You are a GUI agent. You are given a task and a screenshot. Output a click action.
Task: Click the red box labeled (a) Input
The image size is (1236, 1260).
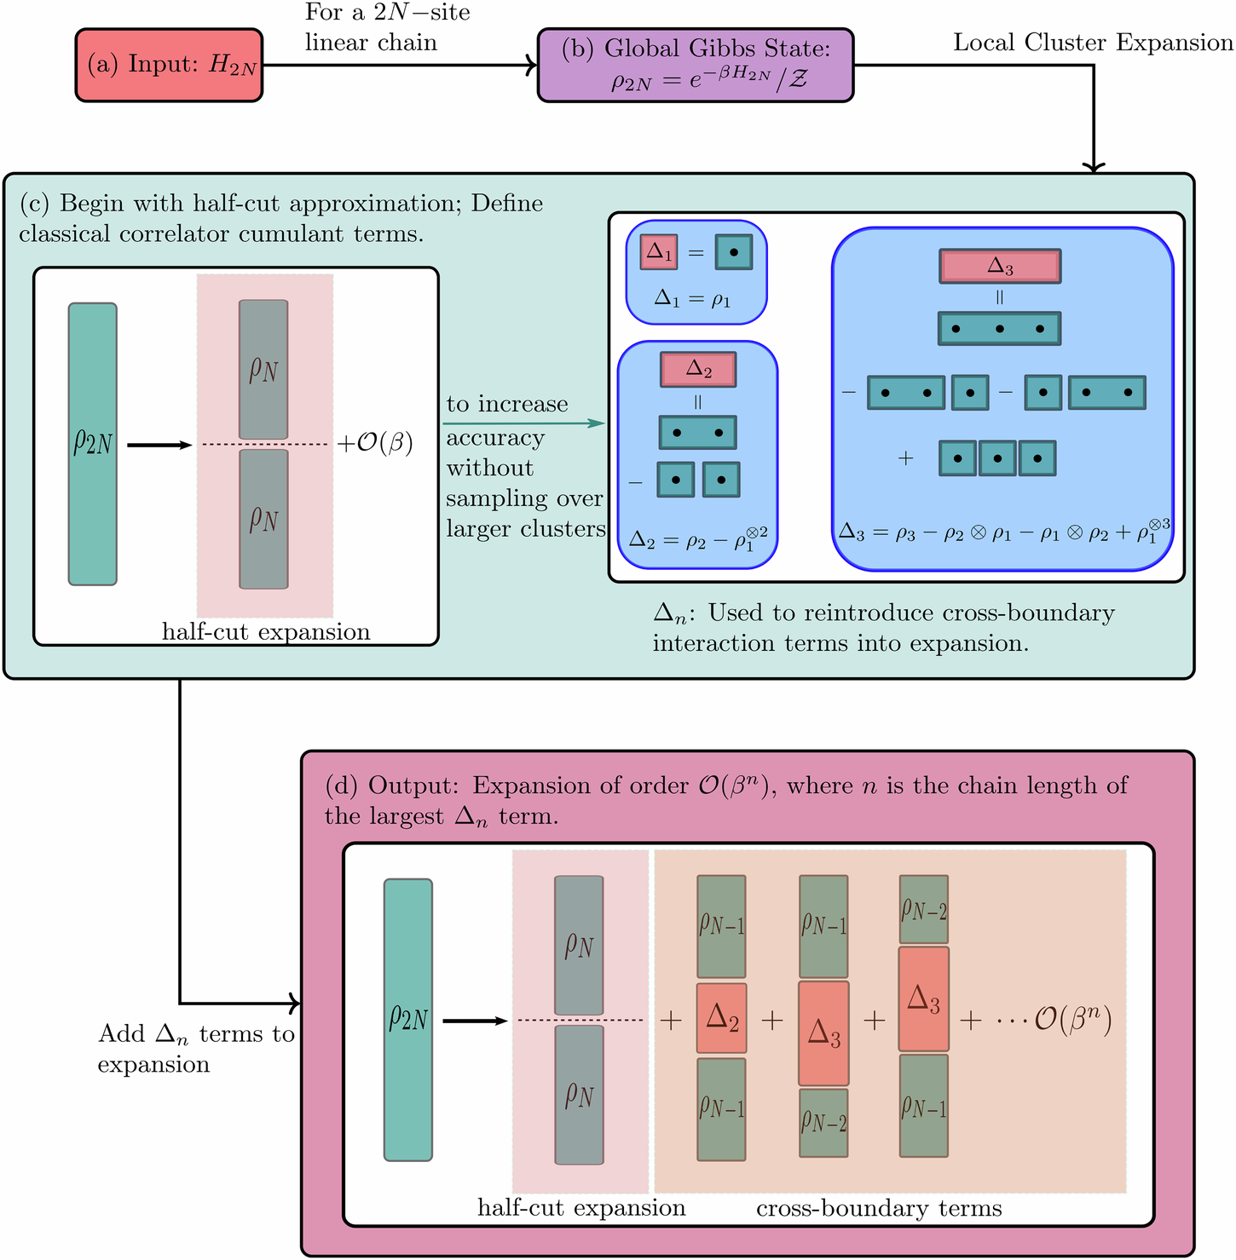coord(169,65)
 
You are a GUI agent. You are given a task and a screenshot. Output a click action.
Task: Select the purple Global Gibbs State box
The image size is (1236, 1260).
coord(696,65)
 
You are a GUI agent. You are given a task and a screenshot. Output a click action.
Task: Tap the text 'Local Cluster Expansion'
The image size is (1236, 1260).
coord(1094,43)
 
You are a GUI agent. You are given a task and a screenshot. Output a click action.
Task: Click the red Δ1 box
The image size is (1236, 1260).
coord(659,252)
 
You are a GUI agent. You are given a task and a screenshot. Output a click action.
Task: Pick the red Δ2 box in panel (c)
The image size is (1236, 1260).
coord(698,369)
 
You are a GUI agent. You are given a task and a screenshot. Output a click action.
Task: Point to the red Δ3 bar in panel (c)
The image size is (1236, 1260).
coord(1000,267)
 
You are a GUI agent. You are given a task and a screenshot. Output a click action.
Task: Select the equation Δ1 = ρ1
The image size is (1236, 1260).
coord(692,299)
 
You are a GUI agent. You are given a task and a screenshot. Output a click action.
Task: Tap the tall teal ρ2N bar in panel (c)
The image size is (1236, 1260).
coord(93,444)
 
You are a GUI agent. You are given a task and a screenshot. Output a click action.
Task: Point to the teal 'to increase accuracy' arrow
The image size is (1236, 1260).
coord(526,423)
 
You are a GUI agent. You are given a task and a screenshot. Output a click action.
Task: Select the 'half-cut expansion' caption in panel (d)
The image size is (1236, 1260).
coord(581,1208)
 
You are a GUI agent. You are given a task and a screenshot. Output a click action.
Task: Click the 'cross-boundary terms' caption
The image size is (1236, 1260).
coord(879,1208)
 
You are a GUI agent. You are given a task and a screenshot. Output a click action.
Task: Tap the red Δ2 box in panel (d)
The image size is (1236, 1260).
coord(722,1018)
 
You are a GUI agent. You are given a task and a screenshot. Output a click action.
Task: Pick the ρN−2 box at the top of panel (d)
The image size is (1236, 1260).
coord(924,910)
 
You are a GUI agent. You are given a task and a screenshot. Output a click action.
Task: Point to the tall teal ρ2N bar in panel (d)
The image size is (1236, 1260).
coord(408,1020)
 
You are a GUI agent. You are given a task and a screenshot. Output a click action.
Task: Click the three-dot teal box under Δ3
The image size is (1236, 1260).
coord(1000,328)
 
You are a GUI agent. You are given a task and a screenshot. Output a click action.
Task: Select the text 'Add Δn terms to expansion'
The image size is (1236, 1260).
coord(196,1049)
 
